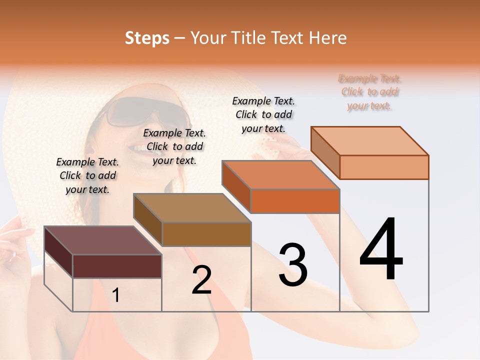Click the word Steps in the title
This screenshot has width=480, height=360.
146,38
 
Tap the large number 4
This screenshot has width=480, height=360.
381,249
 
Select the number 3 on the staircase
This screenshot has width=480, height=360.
293,265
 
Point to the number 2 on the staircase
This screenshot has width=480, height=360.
201,280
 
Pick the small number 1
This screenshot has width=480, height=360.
116,295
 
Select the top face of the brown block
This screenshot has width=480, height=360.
192,207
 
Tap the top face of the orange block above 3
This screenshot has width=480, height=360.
280,174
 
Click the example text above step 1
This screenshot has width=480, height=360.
87,175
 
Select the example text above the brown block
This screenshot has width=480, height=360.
174,146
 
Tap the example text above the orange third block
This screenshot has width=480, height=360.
263,114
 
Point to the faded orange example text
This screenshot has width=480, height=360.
370,92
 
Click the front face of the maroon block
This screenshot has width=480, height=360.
117,266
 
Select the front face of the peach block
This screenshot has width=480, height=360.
384,167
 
